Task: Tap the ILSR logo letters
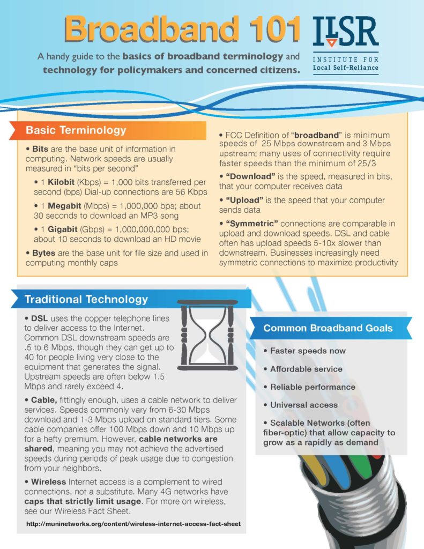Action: tap(346, 32)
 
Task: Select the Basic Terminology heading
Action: tap(76, 130)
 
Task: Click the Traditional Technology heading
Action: tap(86, 299)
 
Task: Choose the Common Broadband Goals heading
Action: tap(328, 328)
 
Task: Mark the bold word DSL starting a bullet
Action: tap(40, 318)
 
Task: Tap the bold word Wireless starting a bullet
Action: tap(48, 482)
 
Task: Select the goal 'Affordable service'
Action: tap(306, 369)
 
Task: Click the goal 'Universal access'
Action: tap(304, 405)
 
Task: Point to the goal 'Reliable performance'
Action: tap(313, 387)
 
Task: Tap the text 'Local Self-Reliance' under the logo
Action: tap(345, 68)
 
